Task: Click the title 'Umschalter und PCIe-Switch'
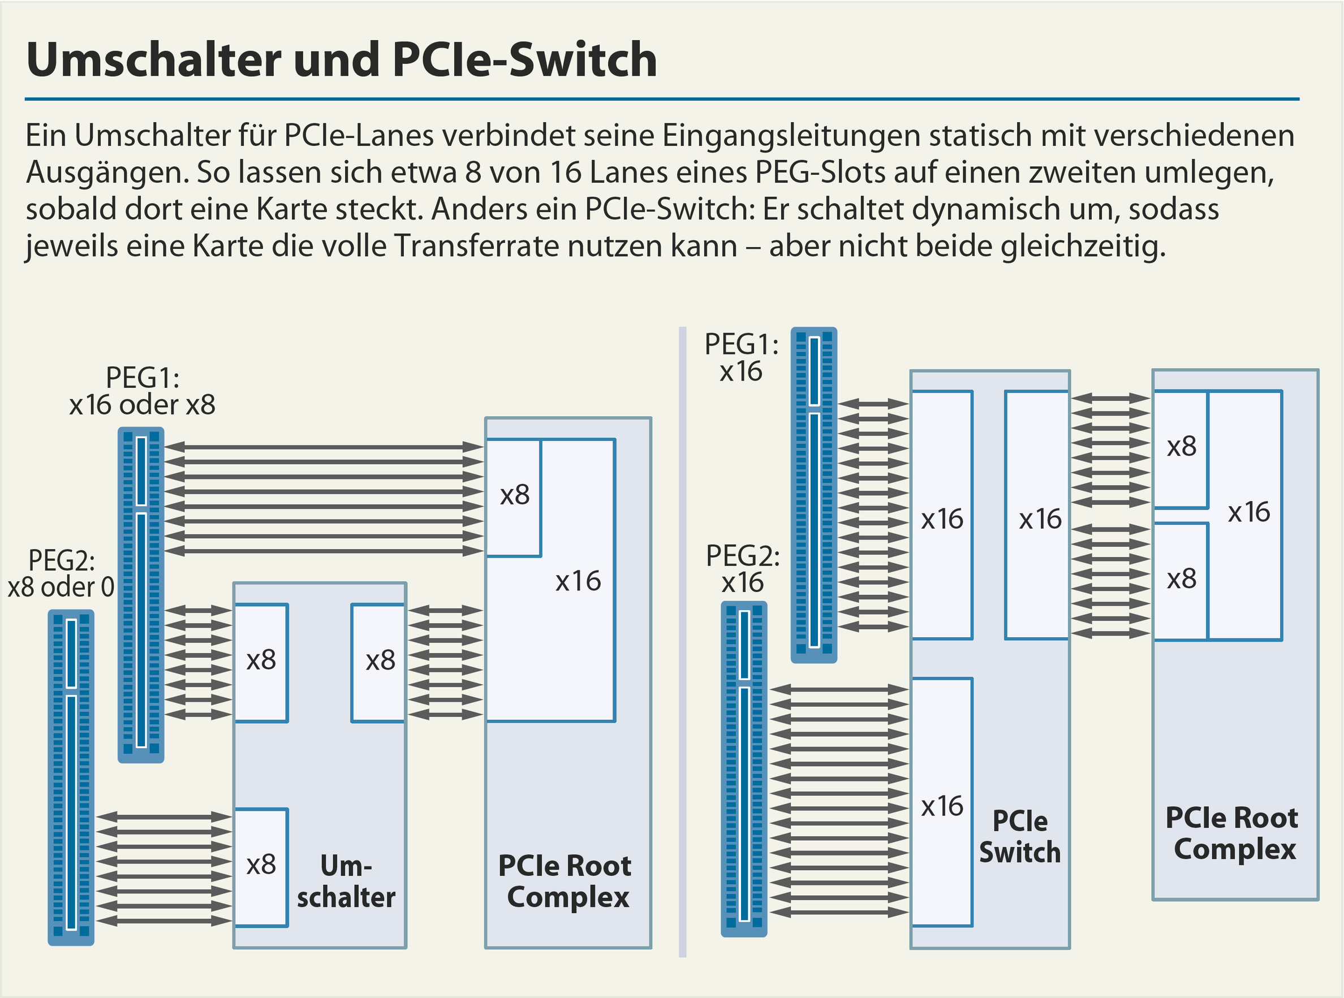coord(342,60)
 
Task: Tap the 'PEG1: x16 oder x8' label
coord(143,391)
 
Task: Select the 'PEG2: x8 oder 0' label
coord(61,574)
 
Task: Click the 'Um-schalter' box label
coord(346,882)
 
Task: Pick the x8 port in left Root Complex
coord(514,496)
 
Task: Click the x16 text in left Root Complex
coord(578,581)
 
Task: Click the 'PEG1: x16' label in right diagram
coord(742,357)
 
